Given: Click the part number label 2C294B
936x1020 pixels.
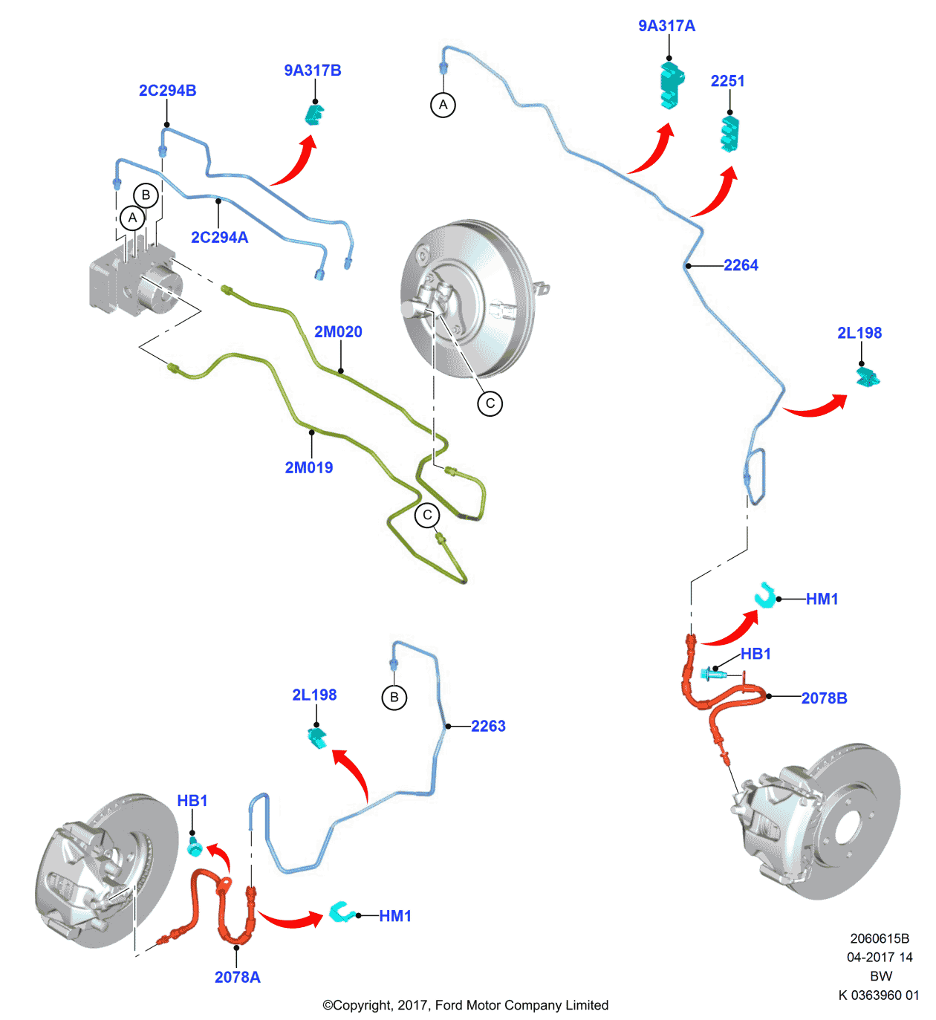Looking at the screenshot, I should point(167,91).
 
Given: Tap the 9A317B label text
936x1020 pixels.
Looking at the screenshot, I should point(313,71).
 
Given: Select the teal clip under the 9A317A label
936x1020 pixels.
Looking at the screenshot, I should point(671,85).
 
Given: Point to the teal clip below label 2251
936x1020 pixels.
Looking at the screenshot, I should point(730,134).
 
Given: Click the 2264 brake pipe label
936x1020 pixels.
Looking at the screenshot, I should point(741,265).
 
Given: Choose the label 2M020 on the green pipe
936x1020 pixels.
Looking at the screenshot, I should point(338,332).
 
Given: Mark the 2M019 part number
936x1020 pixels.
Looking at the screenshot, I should point(309,467).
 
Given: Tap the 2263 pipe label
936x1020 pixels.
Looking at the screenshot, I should point(488,726).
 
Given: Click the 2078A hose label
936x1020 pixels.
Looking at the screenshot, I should point(238,977).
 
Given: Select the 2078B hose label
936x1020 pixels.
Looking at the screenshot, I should point(824,698).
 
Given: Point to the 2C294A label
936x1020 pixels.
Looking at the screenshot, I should point(220,238).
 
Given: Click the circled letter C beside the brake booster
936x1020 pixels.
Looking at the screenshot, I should point(490,403).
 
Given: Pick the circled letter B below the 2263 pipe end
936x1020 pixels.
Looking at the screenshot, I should point(394,698).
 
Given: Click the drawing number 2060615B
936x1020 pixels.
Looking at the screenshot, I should point(880,938).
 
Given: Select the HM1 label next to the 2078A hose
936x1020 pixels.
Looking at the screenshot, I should point(395,916).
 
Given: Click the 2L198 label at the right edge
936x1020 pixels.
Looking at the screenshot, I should point(859,333).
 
